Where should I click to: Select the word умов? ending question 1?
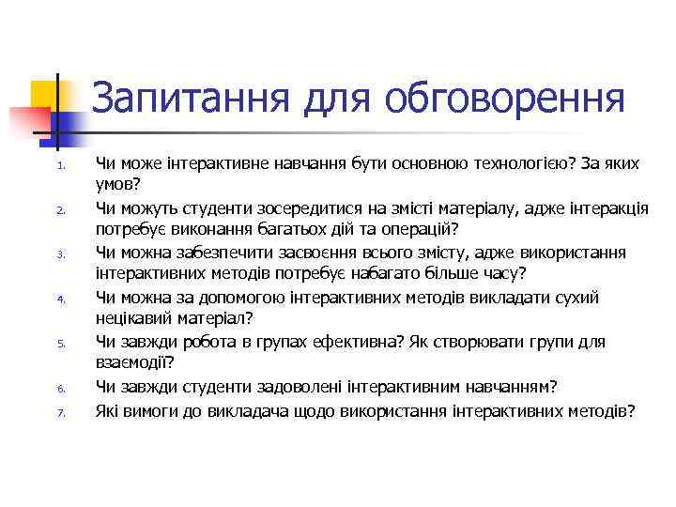tap(117, 185)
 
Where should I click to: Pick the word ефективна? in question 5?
tap(348, 341)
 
